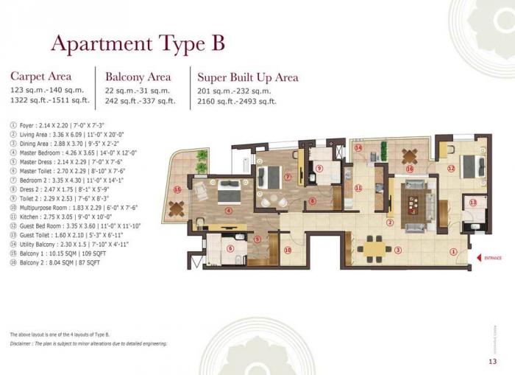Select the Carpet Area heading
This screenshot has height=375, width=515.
(41, 76)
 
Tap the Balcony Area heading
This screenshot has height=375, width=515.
(138, 77)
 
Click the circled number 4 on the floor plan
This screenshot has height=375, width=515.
(229, 211)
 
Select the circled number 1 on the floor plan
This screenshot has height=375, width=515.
(453, 251)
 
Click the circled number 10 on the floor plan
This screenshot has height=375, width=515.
(288, 250)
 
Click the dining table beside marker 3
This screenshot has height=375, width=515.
(377, 248)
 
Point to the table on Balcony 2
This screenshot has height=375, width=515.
(409, 155)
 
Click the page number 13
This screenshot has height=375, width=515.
(492, 361)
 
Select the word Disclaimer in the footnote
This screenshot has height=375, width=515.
(25, 343)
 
